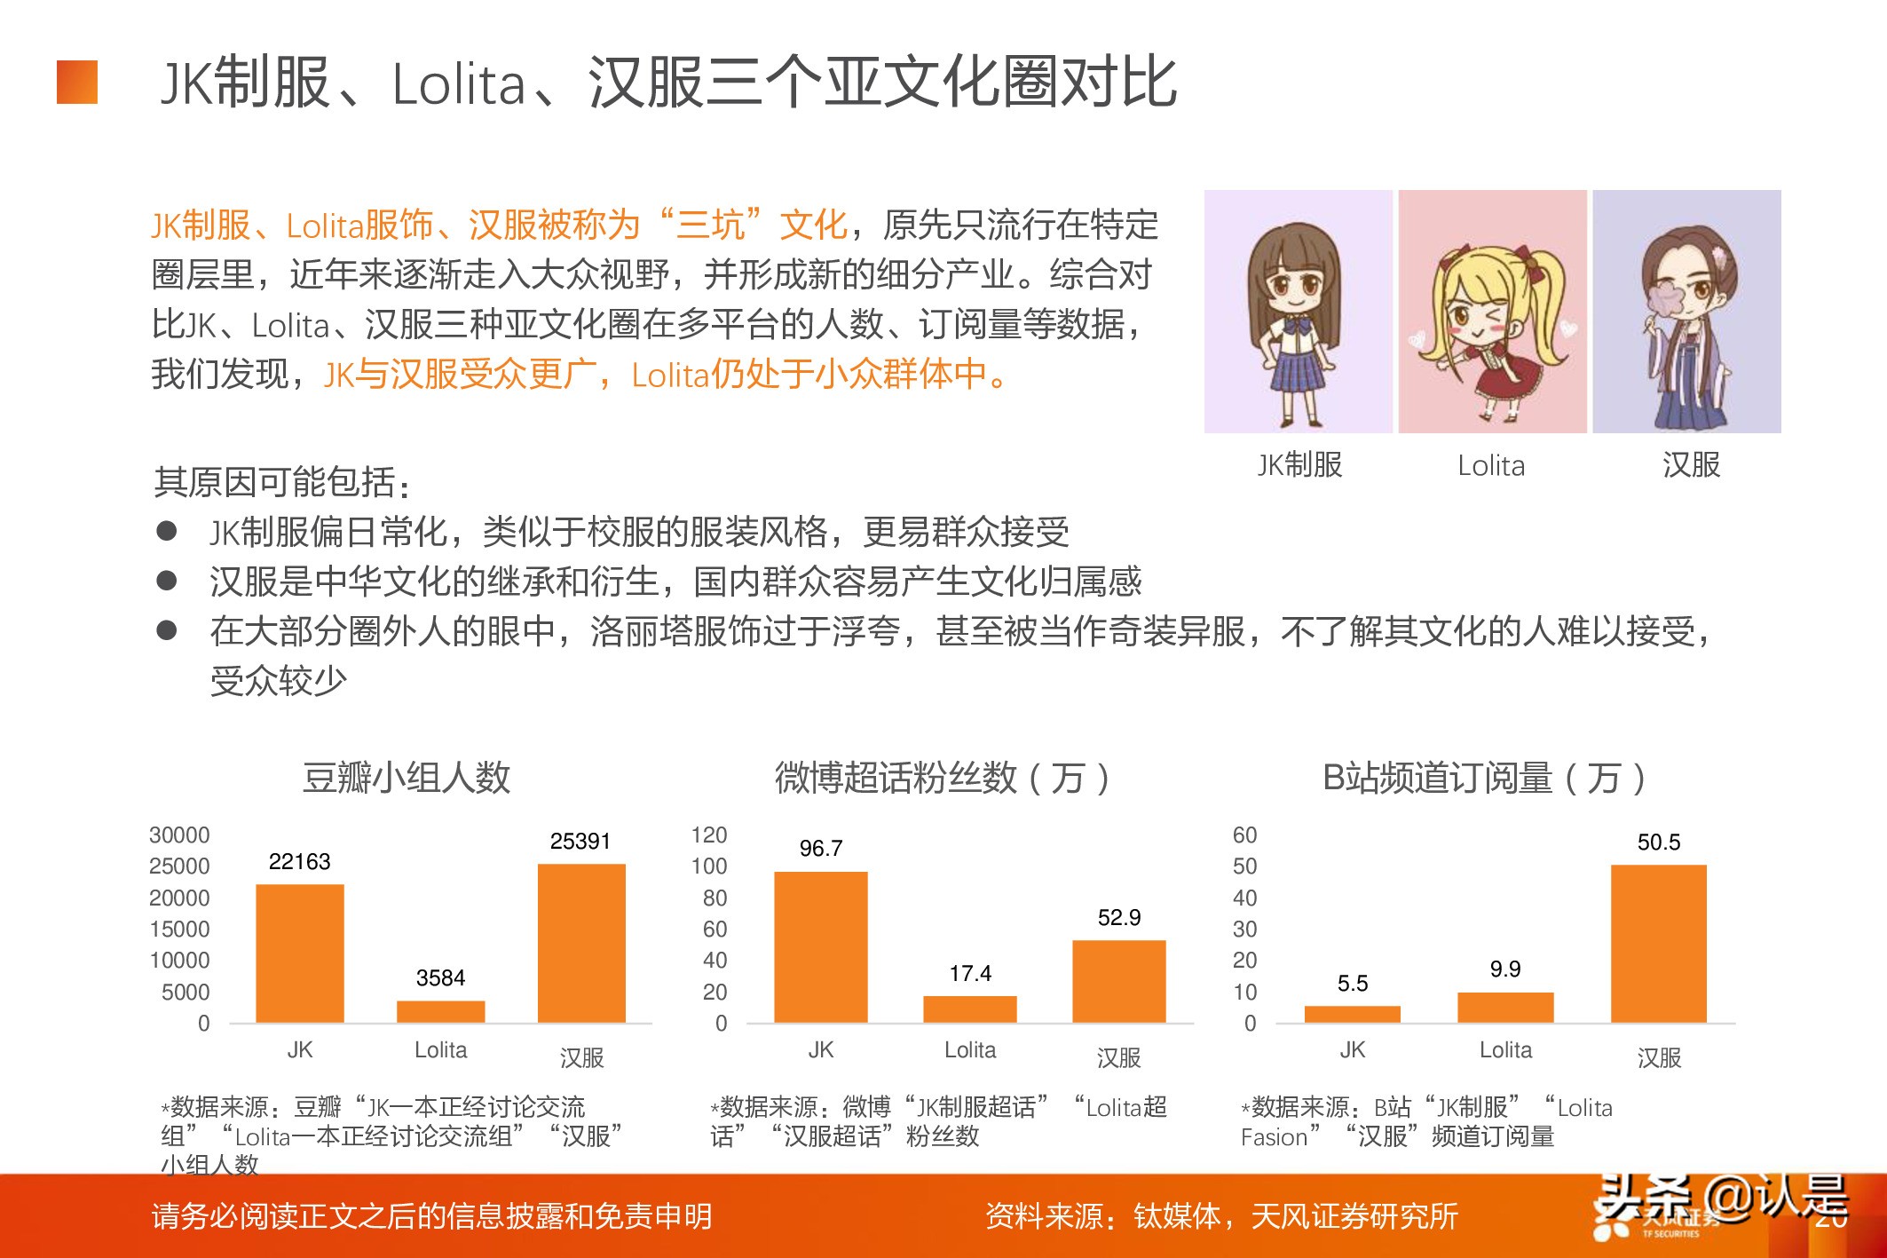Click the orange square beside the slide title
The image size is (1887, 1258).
click(77, 83)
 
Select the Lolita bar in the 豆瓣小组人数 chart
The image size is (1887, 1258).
click(440, 1011)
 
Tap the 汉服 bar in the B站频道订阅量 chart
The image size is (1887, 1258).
click(1658, 943)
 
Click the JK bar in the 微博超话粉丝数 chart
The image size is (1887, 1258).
click(820, 946)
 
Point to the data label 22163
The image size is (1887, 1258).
click(299, 861)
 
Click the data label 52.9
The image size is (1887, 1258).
click(1118, 917)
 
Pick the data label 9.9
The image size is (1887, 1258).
click(1505, 969)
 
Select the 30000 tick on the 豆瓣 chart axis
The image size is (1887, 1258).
click(179, 835)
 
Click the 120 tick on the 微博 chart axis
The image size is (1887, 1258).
click(709, 835)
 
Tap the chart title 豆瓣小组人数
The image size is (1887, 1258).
click(407, 778)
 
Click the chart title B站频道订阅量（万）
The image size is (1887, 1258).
click(1483, 778)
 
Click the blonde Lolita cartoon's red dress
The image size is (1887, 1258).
click(1500, 377)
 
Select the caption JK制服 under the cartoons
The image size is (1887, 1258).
click(1299, 464)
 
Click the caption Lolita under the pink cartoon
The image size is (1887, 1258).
click(1491, 465)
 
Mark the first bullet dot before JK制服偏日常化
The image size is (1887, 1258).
click(166, 531)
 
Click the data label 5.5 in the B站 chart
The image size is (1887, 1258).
click(1352, 984)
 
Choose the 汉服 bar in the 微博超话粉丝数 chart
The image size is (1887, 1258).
click(1118, 981)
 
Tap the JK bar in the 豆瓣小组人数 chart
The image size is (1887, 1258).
click(299, 953)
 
